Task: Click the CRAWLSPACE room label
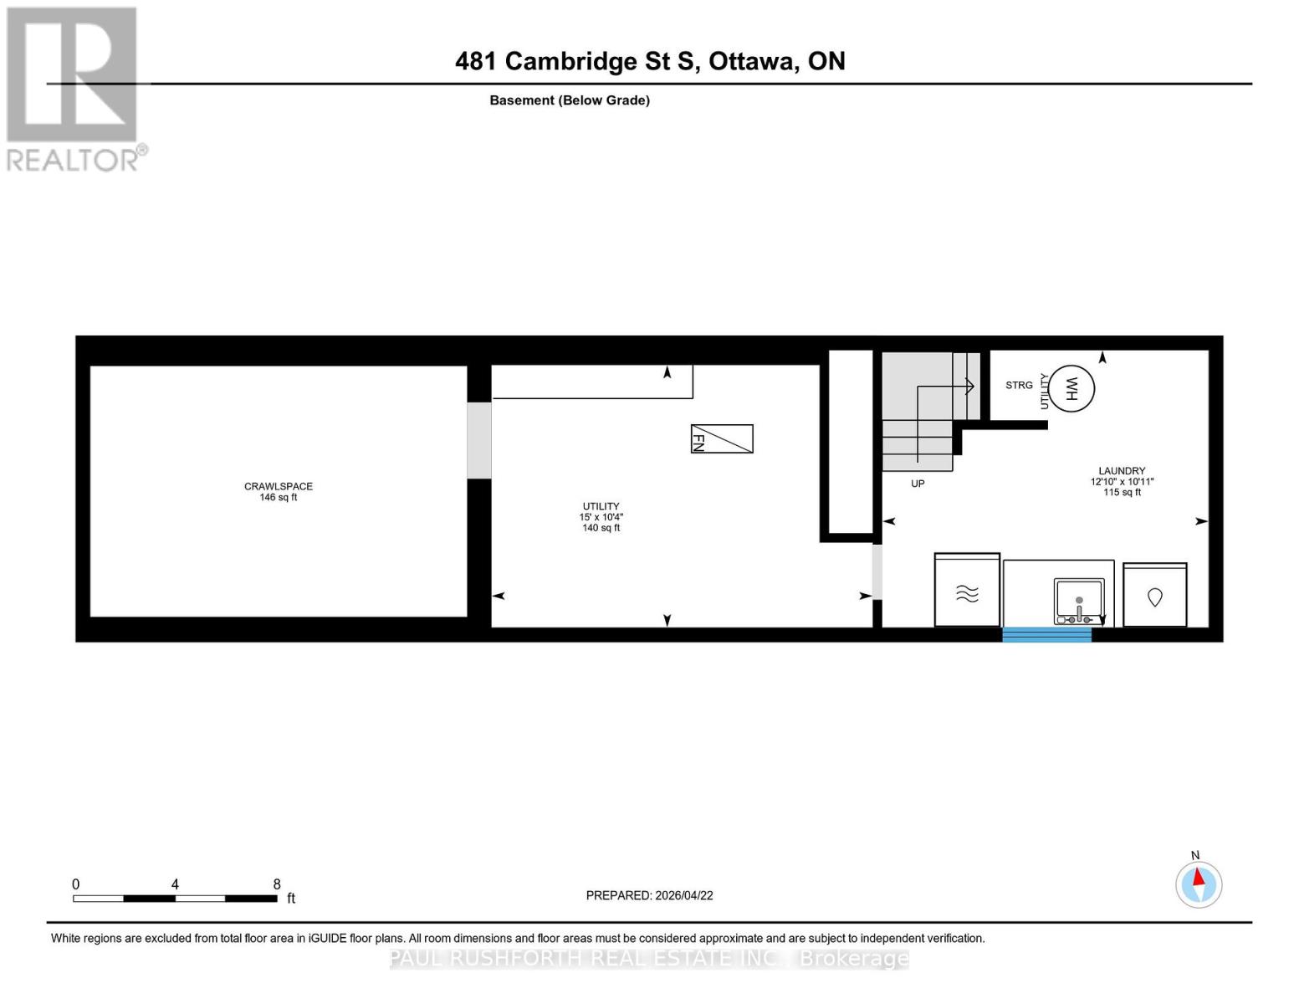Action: [x=278, y=486]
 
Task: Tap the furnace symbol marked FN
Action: [x=721, y=438]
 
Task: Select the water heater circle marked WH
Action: [x=1071, y=388]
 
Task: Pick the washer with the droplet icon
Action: [x=1154, y=596]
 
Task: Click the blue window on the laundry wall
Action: [x=1046, y=634]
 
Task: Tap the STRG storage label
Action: [x=1019, y=385]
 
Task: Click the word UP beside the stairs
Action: [x=918, y=484]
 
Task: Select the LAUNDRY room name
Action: [x=1122, y=471]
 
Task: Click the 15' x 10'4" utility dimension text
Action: [x=601, y=517]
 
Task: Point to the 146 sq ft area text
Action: [x=278, y=497]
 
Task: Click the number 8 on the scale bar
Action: [x=277, y=884]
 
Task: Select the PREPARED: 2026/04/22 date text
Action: [x=649, y=895]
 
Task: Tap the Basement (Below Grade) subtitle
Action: [x=569, y=100]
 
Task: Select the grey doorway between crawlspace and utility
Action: [x=478, y=440]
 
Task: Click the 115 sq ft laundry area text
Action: [x=1122, y=492]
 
